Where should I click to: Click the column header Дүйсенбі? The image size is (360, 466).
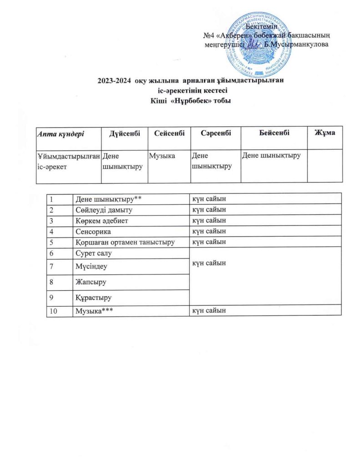[x=123, y=132]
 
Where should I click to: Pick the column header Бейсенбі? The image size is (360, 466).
[x=274, y=132]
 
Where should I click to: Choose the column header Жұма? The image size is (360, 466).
[x=325, y=132]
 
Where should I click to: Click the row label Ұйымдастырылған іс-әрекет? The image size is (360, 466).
[x=68, y=161]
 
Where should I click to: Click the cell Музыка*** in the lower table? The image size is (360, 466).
[x=93, y=310]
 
